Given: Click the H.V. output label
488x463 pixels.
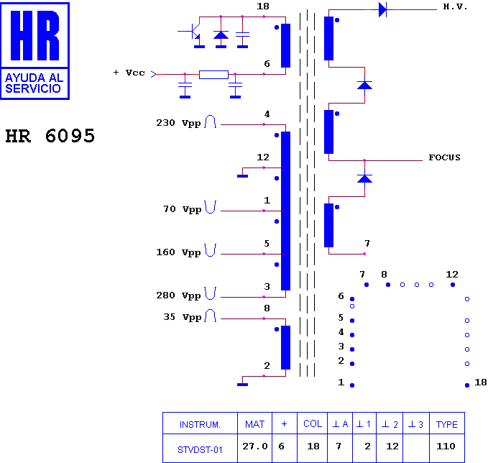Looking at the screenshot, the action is pos(455,7).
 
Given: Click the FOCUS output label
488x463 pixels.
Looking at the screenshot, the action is pos(444,157).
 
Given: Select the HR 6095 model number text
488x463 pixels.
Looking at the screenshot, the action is pos(50,136).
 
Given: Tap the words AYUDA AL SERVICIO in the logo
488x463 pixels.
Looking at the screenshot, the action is pos(34,83).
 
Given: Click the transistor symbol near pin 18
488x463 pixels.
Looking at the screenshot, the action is pos(194,32).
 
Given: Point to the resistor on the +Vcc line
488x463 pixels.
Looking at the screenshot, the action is pos(213,75).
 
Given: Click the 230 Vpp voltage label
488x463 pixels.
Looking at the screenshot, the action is pos(178,123).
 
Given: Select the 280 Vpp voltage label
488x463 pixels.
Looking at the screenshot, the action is pos(178,295).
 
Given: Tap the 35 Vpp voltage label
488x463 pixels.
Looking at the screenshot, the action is pos(182,317).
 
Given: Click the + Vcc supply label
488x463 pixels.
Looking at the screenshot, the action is pos(129,73).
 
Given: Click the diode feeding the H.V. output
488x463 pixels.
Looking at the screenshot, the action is pos(382,9).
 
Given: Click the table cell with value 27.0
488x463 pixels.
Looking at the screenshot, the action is pos(255,446).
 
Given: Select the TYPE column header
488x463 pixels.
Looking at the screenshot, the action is pos(446,424).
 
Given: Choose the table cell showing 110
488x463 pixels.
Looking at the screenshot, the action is pos(446,446).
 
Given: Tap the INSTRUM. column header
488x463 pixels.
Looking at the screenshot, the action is pos(200,425).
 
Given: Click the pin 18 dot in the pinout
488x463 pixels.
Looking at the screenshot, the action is pos(467,385).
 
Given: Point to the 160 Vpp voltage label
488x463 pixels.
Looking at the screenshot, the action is pos(178,252).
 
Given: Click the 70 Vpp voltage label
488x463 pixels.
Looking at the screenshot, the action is pos(183,209).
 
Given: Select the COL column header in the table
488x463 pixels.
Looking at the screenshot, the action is pos(313,424).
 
